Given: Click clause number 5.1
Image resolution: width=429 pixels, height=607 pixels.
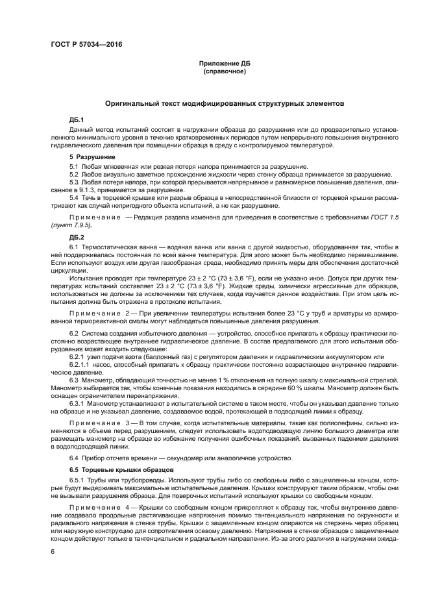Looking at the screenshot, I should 75,167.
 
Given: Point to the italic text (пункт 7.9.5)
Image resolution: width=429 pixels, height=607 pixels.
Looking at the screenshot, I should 71,224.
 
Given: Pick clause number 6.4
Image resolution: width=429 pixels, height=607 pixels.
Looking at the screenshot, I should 75,458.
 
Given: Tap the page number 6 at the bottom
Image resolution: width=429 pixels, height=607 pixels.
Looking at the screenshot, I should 53,552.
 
